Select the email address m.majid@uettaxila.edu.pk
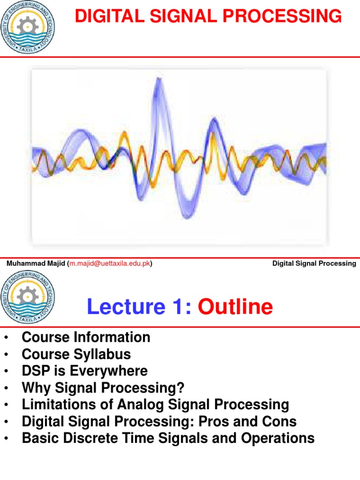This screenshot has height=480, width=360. pyautogui.click(x=110, y=263)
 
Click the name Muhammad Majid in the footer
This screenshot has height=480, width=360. pyautogui.click(x=36, y=263)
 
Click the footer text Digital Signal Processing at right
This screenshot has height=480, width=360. pyautogui.click(x=314, y=263)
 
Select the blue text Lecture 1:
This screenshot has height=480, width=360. pyautogui.click(x=139, y=307)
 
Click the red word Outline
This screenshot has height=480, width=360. pyautogui.click(x=235, y=307)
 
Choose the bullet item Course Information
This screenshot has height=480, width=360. pyautogui.click(x=86, y=337)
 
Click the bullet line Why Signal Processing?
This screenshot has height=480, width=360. pyautogui.click(x=103, y=388)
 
